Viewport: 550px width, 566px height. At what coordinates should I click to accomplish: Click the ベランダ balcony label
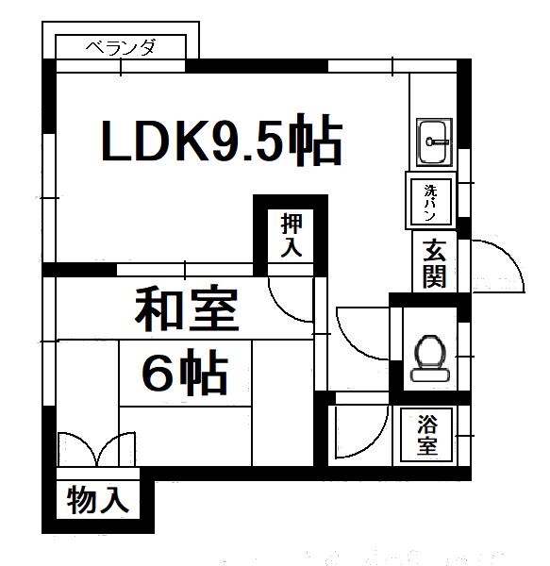(121, 47)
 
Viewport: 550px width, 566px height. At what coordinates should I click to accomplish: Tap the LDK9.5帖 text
(222, 140)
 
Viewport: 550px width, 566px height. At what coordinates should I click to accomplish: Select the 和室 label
(187, 308)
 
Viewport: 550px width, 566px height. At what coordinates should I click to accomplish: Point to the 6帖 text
(185, 372)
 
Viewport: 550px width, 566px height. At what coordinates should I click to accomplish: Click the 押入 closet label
(292, 235)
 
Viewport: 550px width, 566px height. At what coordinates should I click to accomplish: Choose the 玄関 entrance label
(434, 263)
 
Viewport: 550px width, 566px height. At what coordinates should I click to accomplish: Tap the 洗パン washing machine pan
(431, 201)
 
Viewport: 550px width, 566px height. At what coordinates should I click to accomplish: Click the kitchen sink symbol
(435, 142)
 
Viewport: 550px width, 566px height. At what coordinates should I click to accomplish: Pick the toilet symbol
(430, 358)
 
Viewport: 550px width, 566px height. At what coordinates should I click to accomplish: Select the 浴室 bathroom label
(427, 435)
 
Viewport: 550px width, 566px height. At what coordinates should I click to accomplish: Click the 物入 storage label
(98, 500)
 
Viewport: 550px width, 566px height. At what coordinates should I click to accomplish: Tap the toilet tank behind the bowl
(430, 375)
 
